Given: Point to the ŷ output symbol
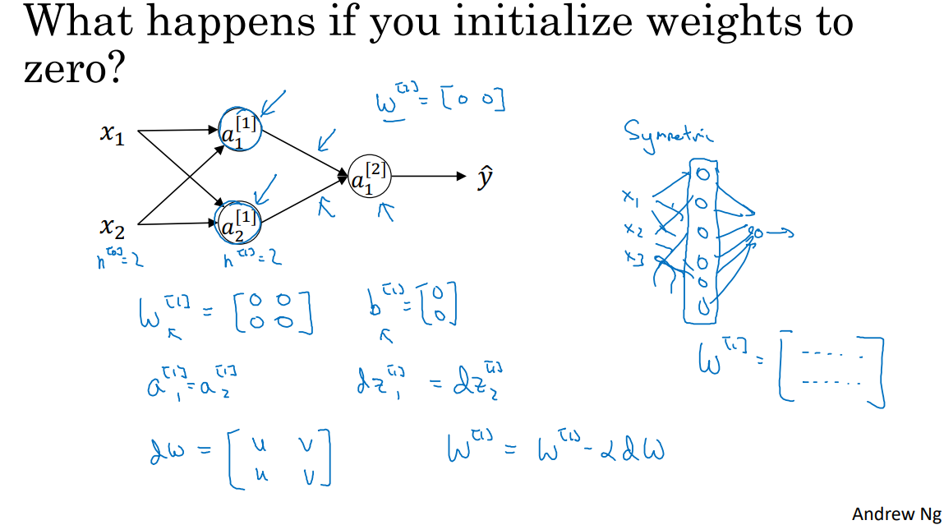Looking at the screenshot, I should click(486, 177).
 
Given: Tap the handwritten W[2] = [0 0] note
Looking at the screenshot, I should click(439, 101).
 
